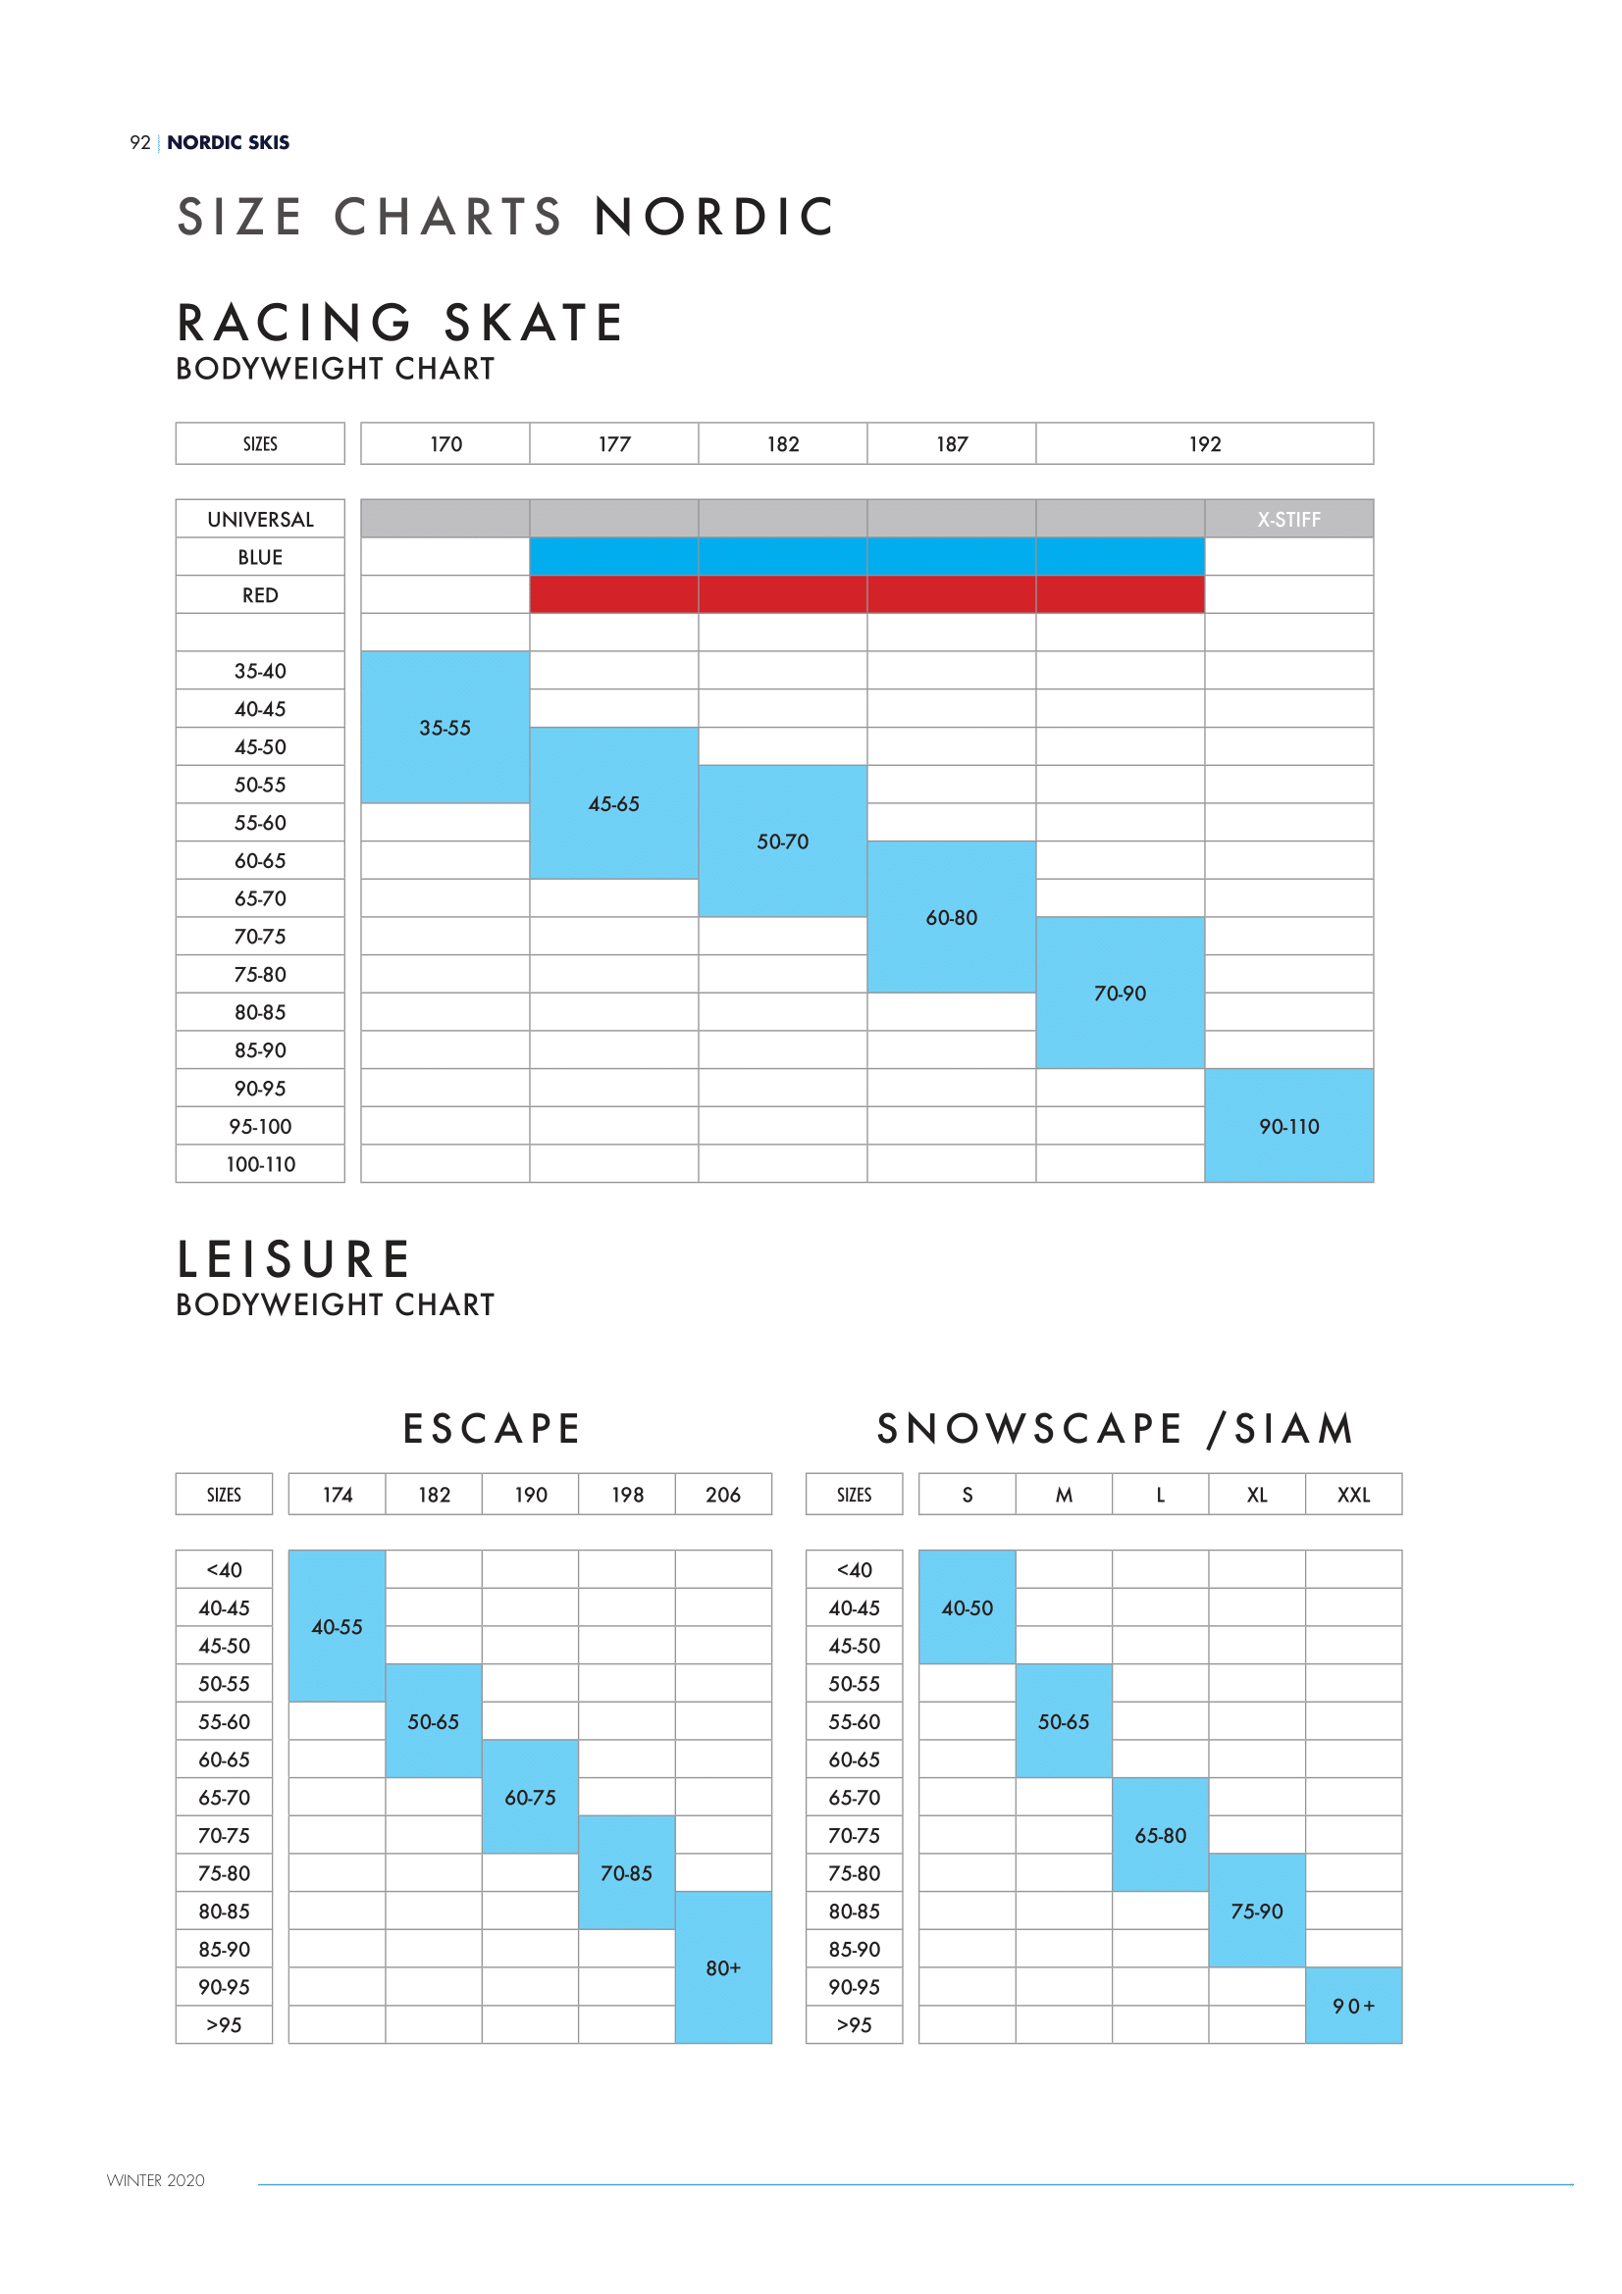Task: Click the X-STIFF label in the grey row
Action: [x=1288, y=520]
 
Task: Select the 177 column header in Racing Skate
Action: [x=613, y=444]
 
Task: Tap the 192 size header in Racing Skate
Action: [x=1204, y=444]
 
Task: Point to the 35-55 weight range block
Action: [x=445, y=729]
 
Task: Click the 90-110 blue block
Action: [x=1288, y=1126]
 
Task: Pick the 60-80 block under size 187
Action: [x=951, y=917]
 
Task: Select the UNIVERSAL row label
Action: [x=260, y=520]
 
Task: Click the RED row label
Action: [x=260, y=595]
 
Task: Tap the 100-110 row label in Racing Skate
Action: [x=260, y=1164]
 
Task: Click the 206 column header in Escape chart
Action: [x=722, y=1495]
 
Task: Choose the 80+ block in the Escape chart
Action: [x=722, y=1967]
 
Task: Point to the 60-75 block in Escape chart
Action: [x=530, y=1798]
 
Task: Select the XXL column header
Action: [x=1353, y=1495]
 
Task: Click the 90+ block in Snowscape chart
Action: [x=1353, y=2006]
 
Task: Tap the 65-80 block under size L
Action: [x=1159, y=1835]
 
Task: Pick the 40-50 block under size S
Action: [x=967, y=1607]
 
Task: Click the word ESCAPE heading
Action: [x=491, y=1429]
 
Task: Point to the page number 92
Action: [x=140, y=143]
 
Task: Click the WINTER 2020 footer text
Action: [x=156, y=2180]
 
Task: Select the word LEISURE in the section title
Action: [x=293, y=1259]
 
